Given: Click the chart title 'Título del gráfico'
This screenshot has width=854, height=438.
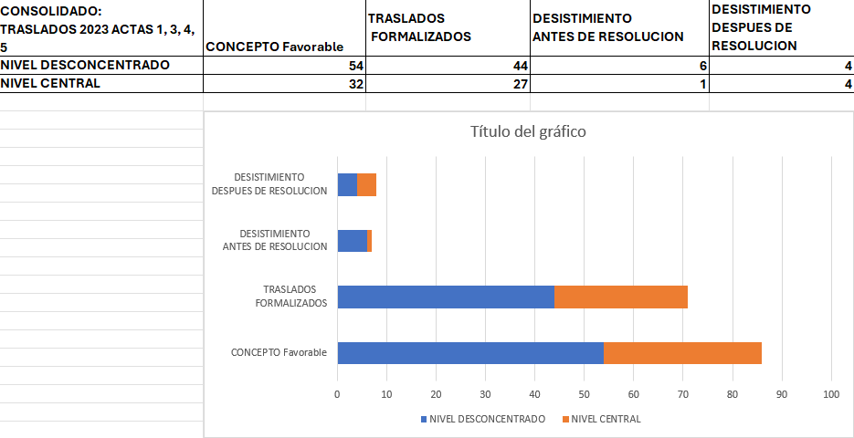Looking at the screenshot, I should click(x=528, y=131).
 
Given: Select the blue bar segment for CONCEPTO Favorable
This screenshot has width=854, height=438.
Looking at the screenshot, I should click(x=470, y=353).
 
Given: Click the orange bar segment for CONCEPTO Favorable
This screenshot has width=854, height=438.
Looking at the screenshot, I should click(x=682, y=353).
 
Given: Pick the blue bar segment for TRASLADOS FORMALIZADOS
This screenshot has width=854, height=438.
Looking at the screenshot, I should click(x=446, y=297).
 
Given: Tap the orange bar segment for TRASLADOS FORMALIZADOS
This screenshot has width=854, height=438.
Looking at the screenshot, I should click(x=621, y=297).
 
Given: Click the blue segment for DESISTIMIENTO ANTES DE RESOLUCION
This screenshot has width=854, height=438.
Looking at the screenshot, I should click(x=352, y=240).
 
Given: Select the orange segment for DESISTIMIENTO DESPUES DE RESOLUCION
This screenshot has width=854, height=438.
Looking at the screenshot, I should click(x=367, y=184).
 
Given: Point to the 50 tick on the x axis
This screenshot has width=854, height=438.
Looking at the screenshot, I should click(x=585, y=394).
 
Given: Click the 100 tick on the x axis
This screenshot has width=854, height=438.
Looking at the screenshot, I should click(x=831, y=394).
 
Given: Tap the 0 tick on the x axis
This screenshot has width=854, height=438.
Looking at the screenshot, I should click(x=338, y=394).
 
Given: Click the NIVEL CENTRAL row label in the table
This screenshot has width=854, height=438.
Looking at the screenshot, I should click(x=51, y=83).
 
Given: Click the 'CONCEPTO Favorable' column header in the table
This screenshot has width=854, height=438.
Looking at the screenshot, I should click(x=275, y=46).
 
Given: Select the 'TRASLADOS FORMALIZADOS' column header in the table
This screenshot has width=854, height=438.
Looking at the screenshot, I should click(x=419, y=27).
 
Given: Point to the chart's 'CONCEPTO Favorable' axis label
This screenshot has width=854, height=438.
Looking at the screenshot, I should click(x=279, y=352).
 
